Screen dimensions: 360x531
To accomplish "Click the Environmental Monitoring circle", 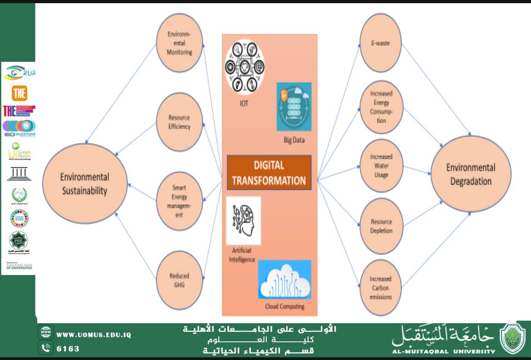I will [x=179, y=43].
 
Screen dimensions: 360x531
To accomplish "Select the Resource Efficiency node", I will [x=179, y=122].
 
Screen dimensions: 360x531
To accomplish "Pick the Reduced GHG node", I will [x=179, y=280].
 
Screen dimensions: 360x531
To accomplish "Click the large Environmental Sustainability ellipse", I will [x=85, y=183].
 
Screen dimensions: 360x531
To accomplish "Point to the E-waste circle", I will [x=380, y=43].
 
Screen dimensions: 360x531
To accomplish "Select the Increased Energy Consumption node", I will [x=381, y=107].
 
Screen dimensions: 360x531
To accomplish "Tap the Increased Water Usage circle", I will [x=381, y=166].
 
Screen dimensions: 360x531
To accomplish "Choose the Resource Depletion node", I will [x=381, y=226].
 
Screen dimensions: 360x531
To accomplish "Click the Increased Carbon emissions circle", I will [x=380, y=288].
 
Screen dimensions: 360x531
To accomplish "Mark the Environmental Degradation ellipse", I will [x=471, y=174].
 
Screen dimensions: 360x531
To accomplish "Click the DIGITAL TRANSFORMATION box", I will [x=269, y=173].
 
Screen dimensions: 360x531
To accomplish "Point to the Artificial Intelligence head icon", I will [x=243, y=221].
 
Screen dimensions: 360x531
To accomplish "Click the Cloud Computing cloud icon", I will [x=285, y=279].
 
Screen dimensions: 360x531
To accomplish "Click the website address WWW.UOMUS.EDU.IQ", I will [x=93, y=335].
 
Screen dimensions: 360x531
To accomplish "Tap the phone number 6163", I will [x=68, y=349].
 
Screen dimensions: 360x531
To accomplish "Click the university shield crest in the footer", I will [x=513, y=339].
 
